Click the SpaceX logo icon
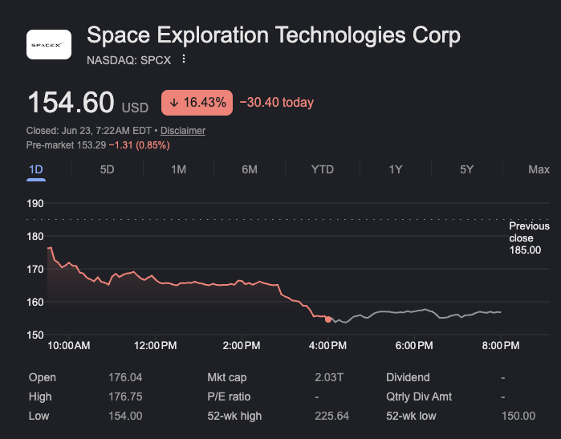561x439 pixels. click(x=49, y=44)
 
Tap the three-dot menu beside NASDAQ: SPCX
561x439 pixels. click(x=184, y=59)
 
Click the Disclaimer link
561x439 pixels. click(x=183, y=131)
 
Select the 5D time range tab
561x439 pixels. click(x=107, y=169)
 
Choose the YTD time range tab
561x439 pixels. click(x=323, y=169)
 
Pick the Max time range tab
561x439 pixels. click(x=539, y=169)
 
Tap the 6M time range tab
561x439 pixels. click(x=250, y=169)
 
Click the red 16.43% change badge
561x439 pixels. click(x=197, y=103)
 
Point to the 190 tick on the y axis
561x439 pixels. click(x=35, y=204)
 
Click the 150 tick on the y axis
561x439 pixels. click(x=35, y=335)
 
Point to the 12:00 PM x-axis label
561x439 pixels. click(x=155, y=346)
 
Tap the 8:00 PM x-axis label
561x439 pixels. click(x=501, y=346)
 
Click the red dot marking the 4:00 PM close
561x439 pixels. click(x=328, y=319)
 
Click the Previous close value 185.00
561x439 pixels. click(x=525, y=250)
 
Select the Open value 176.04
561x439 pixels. click(x=125, y=377)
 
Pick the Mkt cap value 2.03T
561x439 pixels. click(x=329, y=377)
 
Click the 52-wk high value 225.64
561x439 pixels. click(x=331, y=416)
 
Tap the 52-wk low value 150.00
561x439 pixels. click(x=518, y=416)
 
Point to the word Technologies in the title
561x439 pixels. click(x=340, y=35)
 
